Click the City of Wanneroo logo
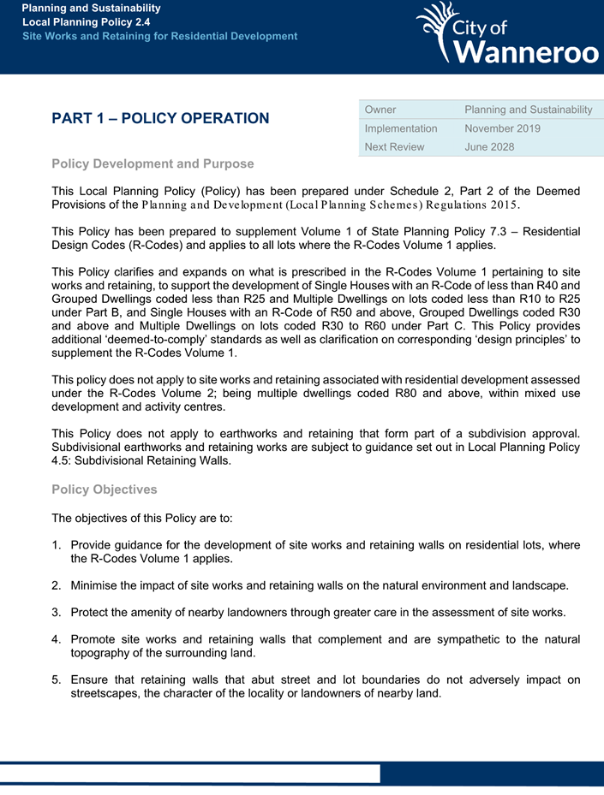point(508,33)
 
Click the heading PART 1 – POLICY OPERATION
point(160,118)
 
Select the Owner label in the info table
point(380,110)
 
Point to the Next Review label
point(394,146)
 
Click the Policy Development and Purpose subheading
point(152,163)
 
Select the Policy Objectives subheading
point(105,489)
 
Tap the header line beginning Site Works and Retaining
point(160,36)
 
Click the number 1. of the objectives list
point(57,545)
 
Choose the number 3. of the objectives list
point(57,612)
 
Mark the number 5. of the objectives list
point(57,679)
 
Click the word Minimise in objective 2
point(97,585)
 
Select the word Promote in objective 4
point(94,639)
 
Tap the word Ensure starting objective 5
point(90,679)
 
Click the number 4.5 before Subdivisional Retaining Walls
point(63,460)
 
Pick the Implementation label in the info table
point(401,128)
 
